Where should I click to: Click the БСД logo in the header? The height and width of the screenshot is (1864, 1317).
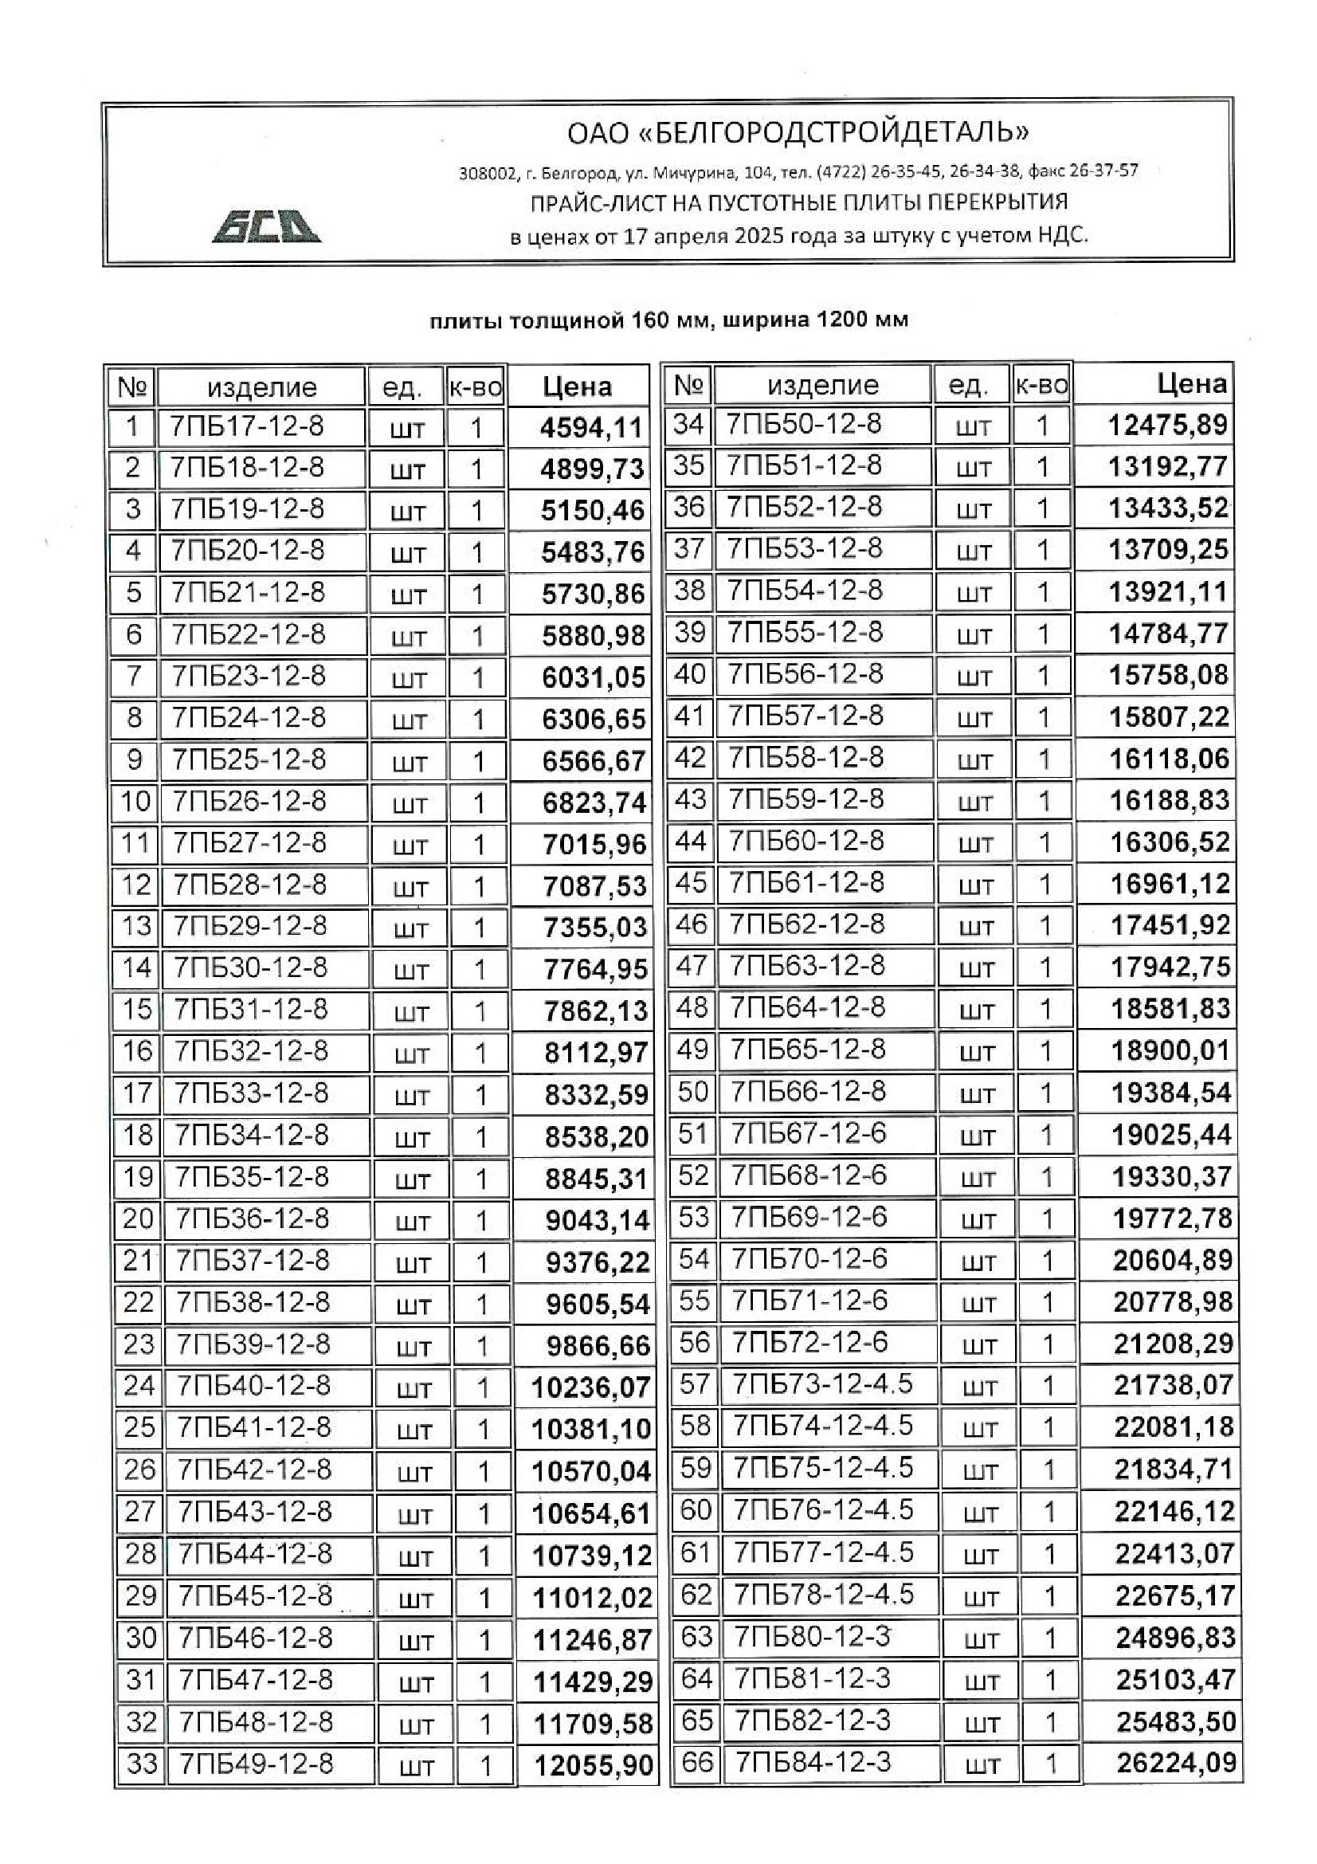point(266,226)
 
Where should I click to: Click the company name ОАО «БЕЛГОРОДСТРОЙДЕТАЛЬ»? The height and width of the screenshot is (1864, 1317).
point(798,132)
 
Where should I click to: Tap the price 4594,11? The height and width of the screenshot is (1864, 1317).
point(591,428)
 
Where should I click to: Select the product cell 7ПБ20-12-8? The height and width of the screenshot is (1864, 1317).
point(248,551)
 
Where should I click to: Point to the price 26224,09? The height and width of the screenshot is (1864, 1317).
point(1176,1763)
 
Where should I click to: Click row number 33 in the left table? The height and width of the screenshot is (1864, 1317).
point(141,1764)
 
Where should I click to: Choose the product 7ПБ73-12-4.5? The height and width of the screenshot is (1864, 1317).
point(823,1383)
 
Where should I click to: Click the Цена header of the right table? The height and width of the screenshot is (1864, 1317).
point(1191,384)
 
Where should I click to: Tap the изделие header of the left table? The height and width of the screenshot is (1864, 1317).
point(261,387)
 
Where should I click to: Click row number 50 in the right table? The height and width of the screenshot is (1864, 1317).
point(693,1092)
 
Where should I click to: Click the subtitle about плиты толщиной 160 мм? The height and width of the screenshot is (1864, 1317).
point(668,320)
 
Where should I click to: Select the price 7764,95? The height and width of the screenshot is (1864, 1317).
point(596,969)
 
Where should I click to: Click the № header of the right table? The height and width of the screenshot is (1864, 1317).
point(688,385)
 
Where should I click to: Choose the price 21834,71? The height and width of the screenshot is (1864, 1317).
point(1174,1469)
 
